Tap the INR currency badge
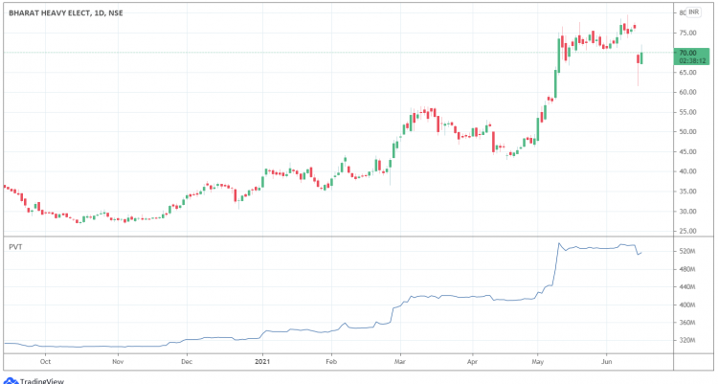coord(693,13)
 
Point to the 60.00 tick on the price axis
coord(688,93)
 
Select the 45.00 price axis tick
coord(688,152)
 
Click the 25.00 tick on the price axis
coord(688,232)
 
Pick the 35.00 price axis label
coord(688,192)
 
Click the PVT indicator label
coord(14,246)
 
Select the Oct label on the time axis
coord(45,363)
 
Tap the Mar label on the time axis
coord(401,363)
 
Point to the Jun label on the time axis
coord(607,363)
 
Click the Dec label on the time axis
coord(188,363)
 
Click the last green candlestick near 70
coord(641,58)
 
